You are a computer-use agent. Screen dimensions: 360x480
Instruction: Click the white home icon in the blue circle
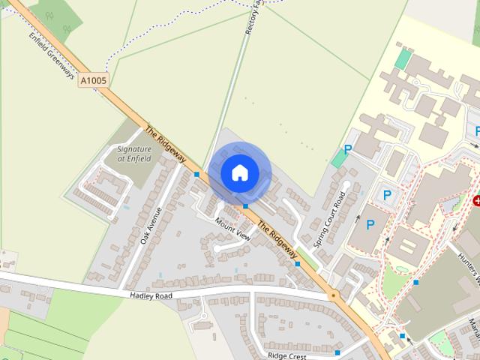(x=238, y=172)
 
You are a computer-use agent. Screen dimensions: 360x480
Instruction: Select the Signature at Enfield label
(x=135, y=154)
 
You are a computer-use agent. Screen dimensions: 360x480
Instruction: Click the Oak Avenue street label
(x=151, y=226)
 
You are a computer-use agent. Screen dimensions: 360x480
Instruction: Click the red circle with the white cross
(x=476, y=201)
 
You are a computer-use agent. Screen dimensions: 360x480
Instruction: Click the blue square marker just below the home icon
(x=245, y=205)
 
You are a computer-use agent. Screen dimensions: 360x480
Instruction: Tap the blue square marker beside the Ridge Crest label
(x=337, y=352)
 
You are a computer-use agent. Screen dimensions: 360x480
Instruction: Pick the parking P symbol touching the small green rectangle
(x=347, y=150)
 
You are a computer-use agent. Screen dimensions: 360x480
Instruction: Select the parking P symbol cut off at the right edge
(x=476, y=131)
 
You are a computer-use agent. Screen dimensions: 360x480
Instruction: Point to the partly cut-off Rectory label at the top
(x=252, y=18)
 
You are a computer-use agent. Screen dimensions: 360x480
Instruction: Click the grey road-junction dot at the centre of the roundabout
(x=332, y=297)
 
